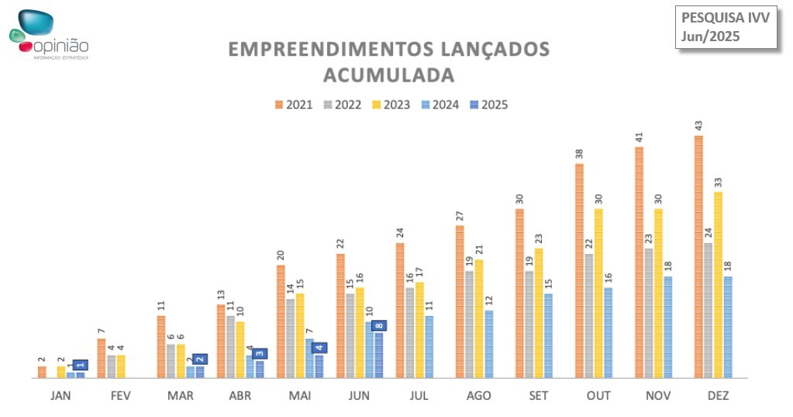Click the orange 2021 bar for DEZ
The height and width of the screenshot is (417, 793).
click(698, 256)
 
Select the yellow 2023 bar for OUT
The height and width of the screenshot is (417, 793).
click(598, 293)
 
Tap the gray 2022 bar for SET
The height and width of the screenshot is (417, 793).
click(529, 324)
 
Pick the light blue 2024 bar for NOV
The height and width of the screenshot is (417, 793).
click(668, 327)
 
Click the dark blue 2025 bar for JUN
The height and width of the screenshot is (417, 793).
click(379, 355)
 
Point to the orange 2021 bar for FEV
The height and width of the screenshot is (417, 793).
click(102, 358)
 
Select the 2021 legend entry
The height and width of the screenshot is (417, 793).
click(294, 105)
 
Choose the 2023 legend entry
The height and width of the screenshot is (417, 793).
click(391, 105)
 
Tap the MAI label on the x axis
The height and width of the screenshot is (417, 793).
click(299, 396)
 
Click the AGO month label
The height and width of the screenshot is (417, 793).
click(479, 396)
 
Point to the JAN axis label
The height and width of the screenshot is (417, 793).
click(61, 396)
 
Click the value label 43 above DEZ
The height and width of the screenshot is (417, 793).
click(698, 126)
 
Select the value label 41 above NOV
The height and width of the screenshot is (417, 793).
click(639, 137)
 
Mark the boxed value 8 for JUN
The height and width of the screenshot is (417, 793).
click(379, 326)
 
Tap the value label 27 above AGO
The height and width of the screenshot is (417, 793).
click(459, 216)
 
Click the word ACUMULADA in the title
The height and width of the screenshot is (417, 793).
click(388, 75)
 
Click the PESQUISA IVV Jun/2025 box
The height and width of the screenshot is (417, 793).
click(726, 27)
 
